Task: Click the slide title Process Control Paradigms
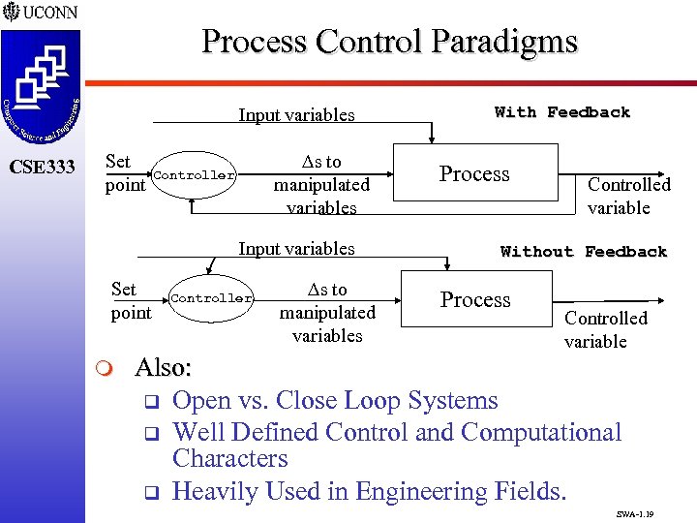pyautogui.click(x=389, y=43)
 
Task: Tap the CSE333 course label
pyautogui.click(x=42, y=168)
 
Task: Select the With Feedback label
pyautogui.click(x=561, y=112)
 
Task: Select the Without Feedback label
pyautogui.click(x=584, y=252)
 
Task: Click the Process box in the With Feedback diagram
pyautogui.click(x=474, y=174)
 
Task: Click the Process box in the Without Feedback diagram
pyautogui.click(x=475, y=299)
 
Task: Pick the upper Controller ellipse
pyautogui.click(x=194, y=175)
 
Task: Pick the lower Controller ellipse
pyautogui.click(x=211, y=298)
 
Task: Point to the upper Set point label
pyautogui.click(x=123, y=172)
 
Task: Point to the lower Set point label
pyautogui.click(x=131, y=300)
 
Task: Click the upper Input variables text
pyautogui.click(x=296, y=115)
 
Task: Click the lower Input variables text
pyautogui.click(x=296, y=249)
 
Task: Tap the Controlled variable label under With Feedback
pyautogui.click(x=628, y=196)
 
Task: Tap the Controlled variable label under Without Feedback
pyautogui.click(x=605, y=329)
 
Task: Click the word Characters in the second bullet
pyautogui.click(x=229, y=459)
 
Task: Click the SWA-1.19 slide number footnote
pyautogui.click(x=634, y=513)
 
